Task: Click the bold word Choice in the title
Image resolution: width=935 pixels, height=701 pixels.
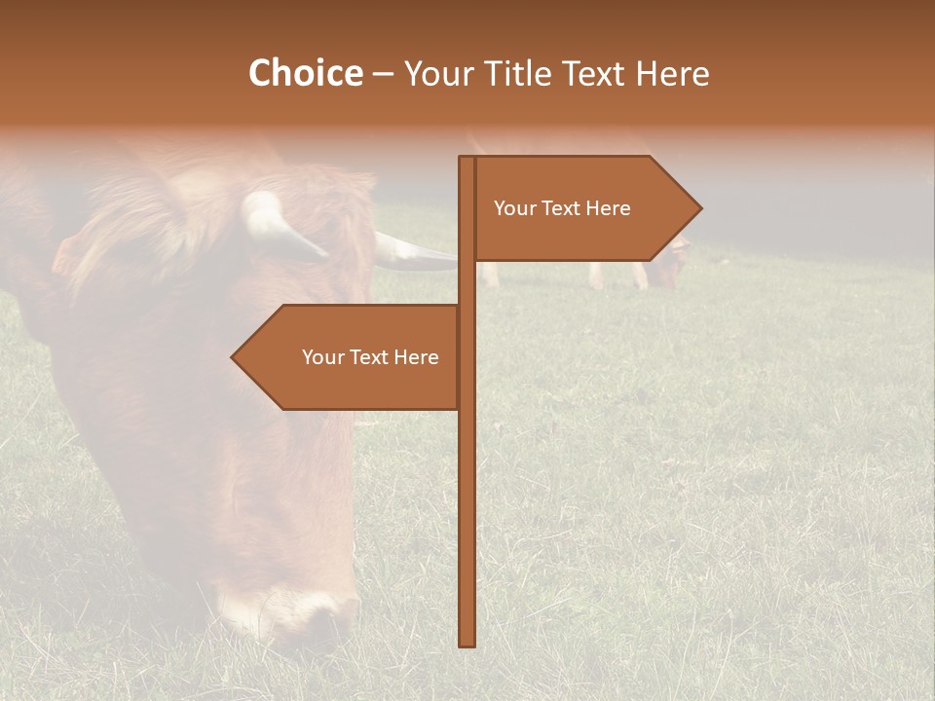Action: coord(305,73)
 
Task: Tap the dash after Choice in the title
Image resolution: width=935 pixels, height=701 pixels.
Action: coord(383,75)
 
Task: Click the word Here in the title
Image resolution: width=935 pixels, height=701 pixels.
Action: coord(672,73)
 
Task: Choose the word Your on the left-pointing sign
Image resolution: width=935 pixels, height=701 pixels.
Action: coord(321,357)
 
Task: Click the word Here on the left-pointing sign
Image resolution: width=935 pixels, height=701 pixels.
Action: coord(418,357)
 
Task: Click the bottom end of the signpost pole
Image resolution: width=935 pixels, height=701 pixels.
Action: coord(467,643)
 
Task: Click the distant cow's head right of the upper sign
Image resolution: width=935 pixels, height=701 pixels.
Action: coord(668,268)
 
